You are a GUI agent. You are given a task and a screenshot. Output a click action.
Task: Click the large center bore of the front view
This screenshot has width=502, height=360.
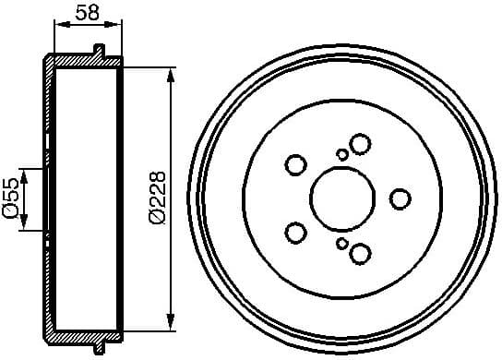341,198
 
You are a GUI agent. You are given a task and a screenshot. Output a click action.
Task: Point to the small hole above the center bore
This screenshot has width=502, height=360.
342,154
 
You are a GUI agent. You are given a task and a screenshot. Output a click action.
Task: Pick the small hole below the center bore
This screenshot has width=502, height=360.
342,243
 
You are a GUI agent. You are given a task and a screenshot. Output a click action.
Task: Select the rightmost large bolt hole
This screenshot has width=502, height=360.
400,198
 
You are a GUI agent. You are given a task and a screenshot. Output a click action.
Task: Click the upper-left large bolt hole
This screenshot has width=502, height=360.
295,165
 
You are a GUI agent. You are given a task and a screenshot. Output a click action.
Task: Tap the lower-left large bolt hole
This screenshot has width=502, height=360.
295,232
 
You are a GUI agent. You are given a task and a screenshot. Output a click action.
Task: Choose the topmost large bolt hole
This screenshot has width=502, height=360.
360,143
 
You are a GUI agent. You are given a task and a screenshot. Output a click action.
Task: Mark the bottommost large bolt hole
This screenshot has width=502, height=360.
360,253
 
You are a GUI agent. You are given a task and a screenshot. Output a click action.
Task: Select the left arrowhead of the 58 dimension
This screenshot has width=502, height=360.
58,27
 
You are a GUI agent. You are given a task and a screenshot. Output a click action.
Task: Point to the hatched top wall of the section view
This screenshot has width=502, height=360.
83,61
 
